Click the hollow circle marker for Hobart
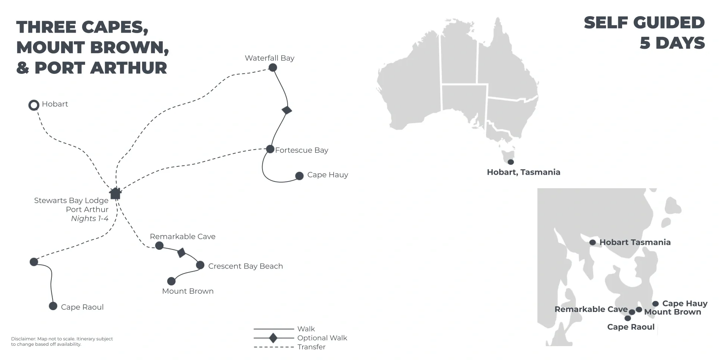tap(34, 105)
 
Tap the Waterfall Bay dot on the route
tap(273, 67)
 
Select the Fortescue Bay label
tap(301, 150)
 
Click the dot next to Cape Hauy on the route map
tap(299, 175)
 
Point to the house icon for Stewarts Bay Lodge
tap(115, 193)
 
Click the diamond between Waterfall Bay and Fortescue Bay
tap(287, 110)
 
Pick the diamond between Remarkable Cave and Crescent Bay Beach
tap(181, 253)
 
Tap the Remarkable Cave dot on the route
tap(159, 246)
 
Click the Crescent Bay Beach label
tap(246, 266)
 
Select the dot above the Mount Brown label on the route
tap(171, 281)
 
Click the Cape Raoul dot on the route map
tap(53, 306)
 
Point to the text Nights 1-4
tap(90, 219)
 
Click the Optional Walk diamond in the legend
tap(273, 338)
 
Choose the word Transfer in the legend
tap(311, 347)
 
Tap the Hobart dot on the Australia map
tap(511, 162)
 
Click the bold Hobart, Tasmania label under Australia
tap(523, 172)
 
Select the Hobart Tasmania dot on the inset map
tap(592, 242)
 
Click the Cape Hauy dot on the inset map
tap(655, 304)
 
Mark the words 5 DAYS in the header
tap(672, 43)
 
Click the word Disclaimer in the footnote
tap(23, 339)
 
